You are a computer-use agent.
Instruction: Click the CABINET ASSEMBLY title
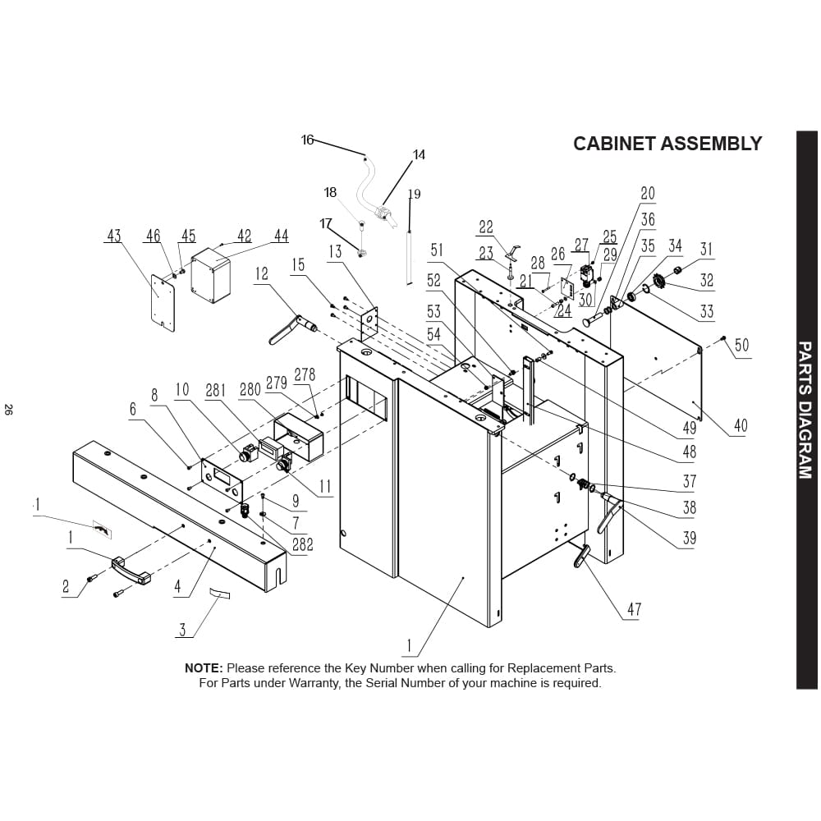point(667,144)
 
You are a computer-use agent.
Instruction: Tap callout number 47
point(634,609)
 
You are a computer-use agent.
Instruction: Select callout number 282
point(303,544)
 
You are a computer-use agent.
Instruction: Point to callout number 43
point(113,236)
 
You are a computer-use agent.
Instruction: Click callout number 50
point(741,345)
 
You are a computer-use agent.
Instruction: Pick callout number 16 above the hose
point(307,140)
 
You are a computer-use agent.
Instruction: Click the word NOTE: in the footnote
point(204,668)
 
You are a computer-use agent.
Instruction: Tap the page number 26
point(8,410)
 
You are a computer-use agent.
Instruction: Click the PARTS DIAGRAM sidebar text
point(806,410)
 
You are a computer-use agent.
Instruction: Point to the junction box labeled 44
point(211,276)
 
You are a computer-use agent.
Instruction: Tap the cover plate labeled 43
point(163,303)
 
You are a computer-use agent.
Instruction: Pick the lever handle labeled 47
point(580,556)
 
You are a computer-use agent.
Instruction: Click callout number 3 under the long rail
point(183,629)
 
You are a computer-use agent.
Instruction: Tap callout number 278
point(305,375)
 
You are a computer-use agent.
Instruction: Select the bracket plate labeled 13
point(370,323)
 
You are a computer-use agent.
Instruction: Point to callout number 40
point(741,425)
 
